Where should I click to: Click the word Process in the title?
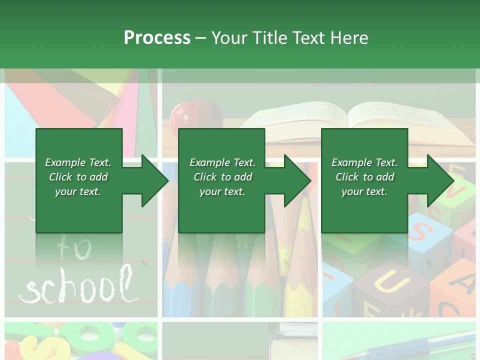[x=157, y=38]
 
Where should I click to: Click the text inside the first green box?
[x=78, y=177]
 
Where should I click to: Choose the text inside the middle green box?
[x=222, y=177]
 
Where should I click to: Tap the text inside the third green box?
[x=364, y=177]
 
